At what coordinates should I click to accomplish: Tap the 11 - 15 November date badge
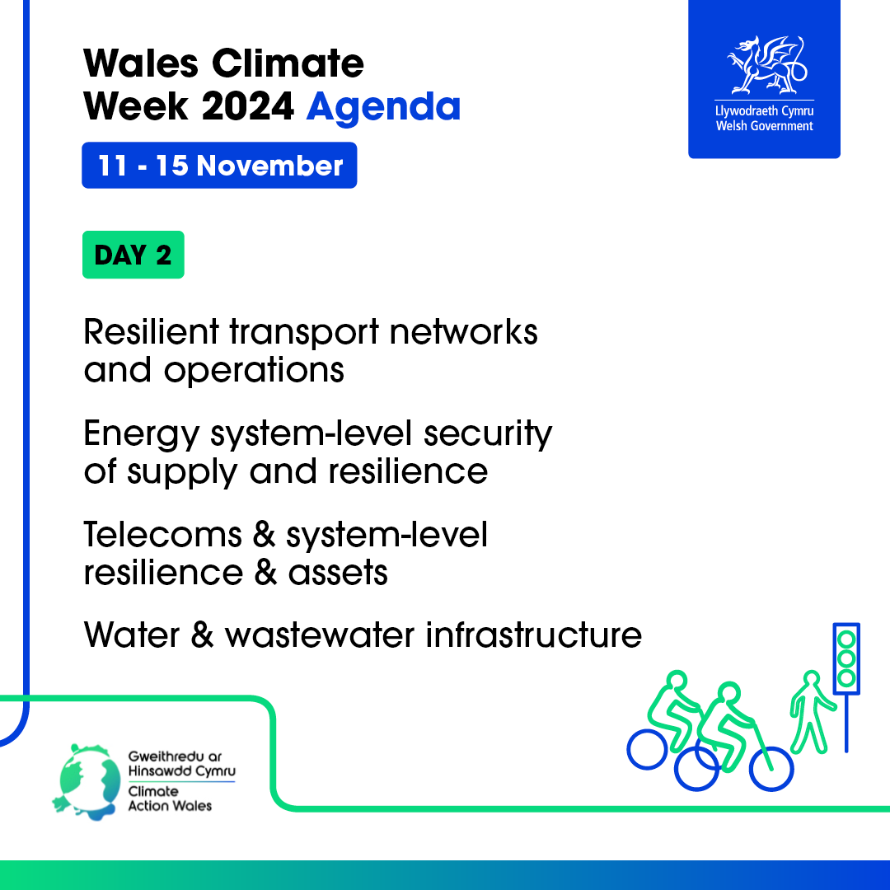[219, 165]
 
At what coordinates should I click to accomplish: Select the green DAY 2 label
[133, 255]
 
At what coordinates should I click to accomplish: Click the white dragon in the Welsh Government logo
[767, 65]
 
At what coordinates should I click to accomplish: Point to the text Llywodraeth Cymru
[764, 110]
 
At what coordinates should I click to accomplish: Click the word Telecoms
[163, 535]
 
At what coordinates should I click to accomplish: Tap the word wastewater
[320, 635]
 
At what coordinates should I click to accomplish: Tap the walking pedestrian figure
[812, 713]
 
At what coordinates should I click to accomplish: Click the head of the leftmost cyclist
[677, 681]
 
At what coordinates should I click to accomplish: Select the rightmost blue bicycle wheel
[771, 769]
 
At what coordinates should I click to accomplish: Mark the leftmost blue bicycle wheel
[647, 749]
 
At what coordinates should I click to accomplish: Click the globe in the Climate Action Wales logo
[88, 782]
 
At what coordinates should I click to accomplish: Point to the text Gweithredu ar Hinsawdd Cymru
[181, 763]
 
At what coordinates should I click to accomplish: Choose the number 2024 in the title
[247, 106]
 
